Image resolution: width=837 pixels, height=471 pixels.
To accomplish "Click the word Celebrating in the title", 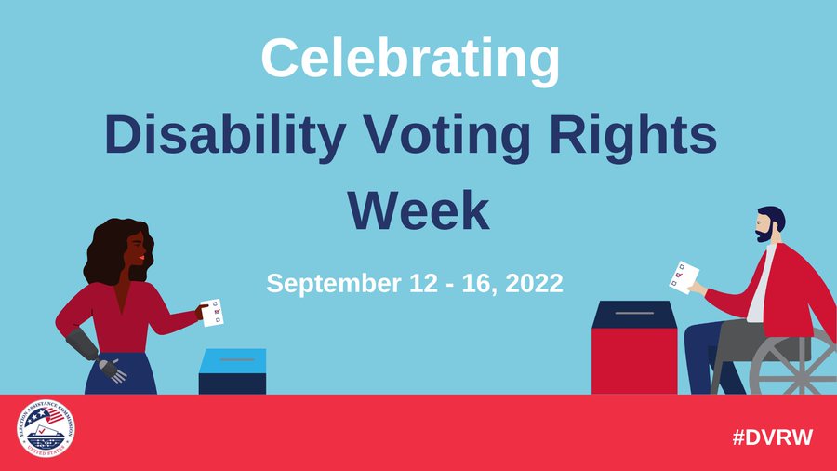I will [410, 58].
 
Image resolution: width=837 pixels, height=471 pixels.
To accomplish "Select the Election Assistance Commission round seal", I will [46, 432].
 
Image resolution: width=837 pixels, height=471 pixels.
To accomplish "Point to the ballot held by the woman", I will [213, 312].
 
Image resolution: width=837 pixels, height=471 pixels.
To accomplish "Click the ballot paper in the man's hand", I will [684, 277].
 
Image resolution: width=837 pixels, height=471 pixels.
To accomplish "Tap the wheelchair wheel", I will [790, 368].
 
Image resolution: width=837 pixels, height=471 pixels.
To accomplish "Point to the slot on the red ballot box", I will [633, 313].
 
